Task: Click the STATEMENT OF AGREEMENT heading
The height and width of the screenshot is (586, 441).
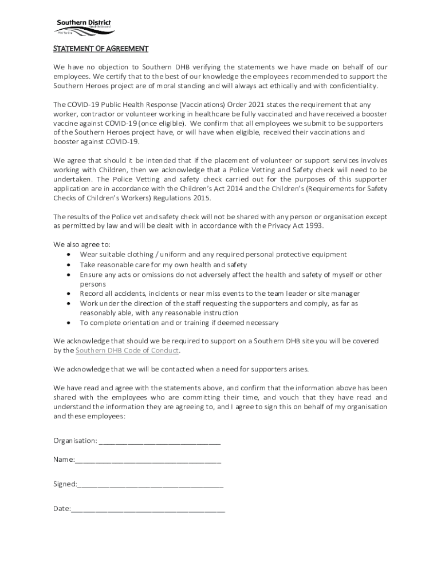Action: pos(101,49)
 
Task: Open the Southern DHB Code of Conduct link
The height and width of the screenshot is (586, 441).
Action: pos(127,350)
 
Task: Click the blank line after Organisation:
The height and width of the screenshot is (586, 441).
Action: pos(160,441)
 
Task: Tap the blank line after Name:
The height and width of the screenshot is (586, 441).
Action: pos(148,460)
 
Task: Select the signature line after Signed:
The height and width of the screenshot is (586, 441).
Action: pos(150,484)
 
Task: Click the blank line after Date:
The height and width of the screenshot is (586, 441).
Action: pos(148,508)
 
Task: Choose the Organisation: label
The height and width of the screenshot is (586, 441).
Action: pos(75,441)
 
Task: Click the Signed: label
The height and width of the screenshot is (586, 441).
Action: pos(65,484)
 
